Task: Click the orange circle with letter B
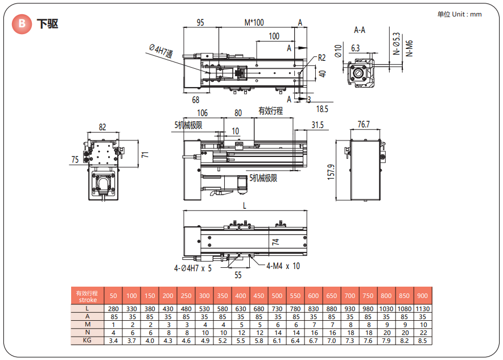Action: tap(23, 24)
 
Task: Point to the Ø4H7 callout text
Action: tap(161, 52)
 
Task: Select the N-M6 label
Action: tap(410, 45)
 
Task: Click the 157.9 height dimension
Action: tap(331, 171)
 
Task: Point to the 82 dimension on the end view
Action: tap(102, 127)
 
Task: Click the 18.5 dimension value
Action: tap(322, 109)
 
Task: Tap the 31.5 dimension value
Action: tap(317, 125)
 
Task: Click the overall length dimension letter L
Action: tap(245, 206)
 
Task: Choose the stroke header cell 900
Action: tap(422, 296)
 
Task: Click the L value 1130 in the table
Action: tap(422, 309)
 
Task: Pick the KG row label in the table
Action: tap(88, 341)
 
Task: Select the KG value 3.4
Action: tap(113, 341)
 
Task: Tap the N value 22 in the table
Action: tap(422, 333)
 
